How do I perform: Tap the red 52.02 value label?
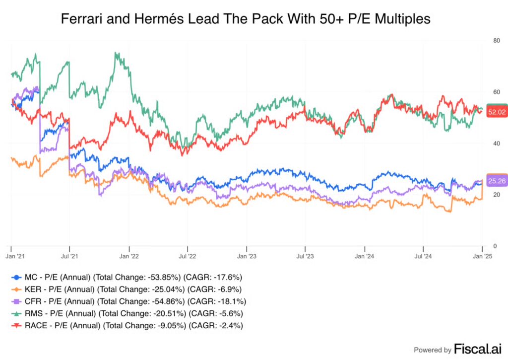(x=496, y=112)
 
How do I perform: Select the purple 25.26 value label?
(x=496, y=181)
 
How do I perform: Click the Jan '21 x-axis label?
(x=11, y=256)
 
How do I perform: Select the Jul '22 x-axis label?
(x=188, y=256)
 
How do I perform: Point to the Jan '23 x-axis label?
(x=247, y=256)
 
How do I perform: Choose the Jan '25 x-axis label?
(x=482, y=256)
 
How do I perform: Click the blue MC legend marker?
(x=16, y=277)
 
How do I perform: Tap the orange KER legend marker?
(x=16, y=289)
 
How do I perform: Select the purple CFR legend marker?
(x=16, y=301)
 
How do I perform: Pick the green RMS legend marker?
(x=16, y=313)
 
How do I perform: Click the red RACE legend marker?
(x=16, y=325)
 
